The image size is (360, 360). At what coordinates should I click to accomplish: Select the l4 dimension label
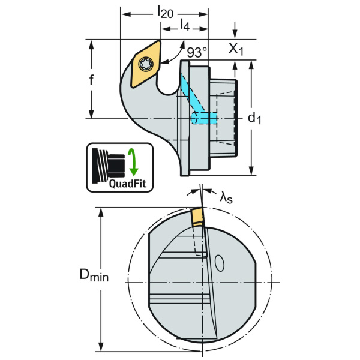185,25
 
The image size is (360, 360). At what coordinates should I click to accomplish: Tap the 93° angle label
196,53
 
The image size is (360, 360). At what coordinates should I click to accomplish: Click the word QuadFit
127,184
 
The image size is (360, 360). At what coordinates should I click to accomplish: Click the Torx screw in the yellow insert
147,64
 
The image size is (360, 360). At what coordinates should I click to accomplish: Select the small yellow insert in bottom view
197,218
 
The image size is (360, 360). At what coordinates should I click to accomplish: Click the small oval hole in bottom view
220,263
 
